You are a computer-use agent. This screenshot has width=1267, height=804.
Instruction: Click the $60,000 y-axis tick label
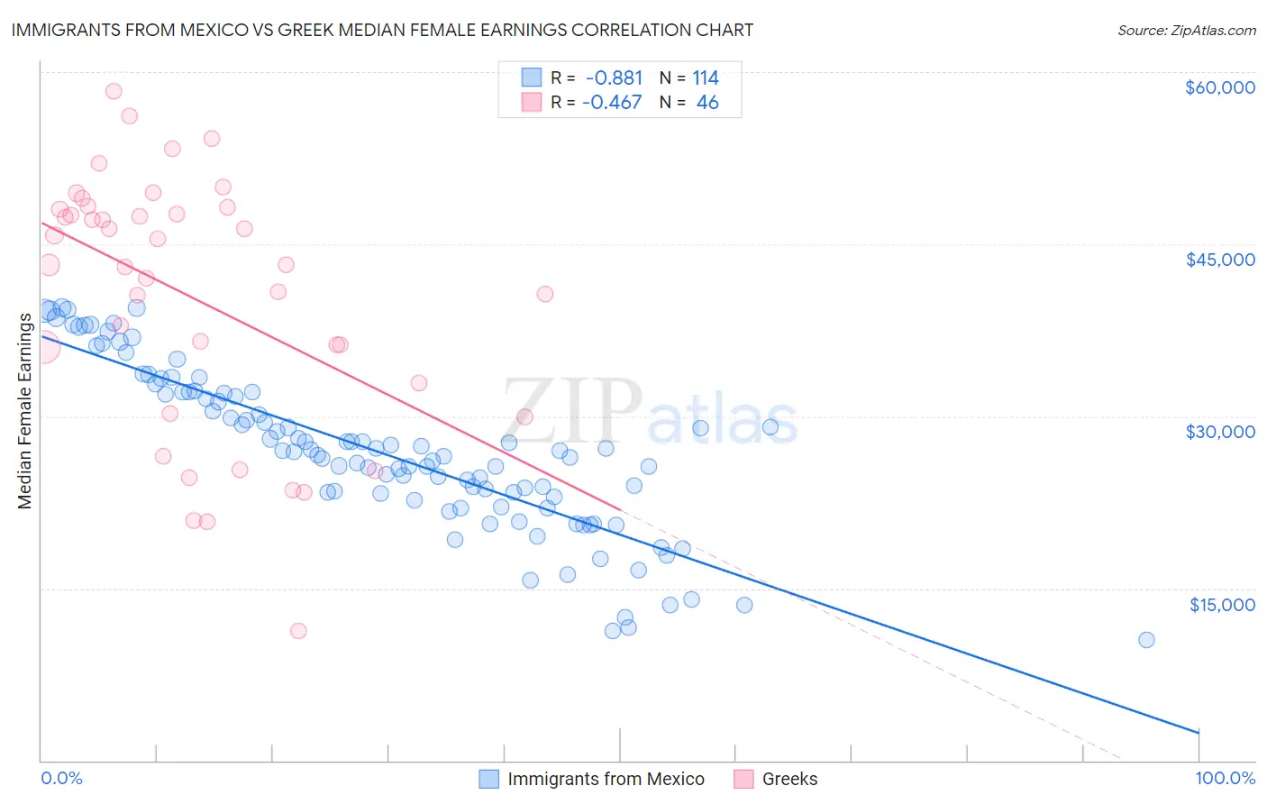(x=1219, y=87)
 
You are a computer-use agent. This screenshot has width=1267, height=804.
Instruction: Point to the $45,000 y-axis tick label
(x=1219, y=260)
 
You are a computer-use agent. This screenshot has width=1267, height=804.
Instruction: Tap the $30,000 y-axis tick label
(x=1219, y=432)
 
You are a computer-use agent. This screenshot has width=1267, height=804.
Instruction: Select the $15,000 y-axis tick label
(x=1221, y=604)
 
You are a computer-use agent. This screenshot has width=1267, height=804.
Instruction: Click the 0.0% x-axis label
(x=61, y=778)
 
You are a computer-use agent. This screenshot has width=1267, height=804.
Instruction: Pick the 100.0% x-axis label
(x=1225, y=778)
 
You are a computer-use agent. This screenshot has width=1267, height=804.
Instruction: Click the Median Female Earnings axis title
(x=25, y=410)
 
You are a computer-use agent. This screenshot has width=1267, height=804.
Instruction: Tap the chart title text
(x=382, y=30)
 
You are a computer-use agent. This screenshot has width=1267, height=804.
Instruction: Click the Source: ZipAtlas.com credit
(x=1186, y=31)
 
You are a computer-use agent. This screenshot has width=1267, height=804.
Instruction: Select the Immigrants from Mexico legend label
(x=606, y=779)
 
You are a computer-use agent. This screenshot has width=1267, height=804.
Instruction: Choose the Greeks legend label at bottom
(x=789, y=779)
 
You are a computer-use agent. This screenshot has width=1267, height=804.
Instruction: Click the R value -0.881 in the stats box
(x=614, y=78)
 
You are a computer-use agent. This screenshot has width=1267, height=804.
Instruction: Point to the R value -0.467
(x=612, y=102)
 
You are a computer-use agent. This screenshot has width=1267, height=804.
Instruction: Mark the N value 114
(x=706, y=78)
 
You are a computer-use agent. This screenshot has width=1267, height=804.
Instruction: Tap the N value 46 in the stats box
(x=707, y=102)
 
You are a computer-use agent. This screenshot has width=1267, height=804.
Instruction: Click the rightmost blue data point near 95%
(x=1146, y=640)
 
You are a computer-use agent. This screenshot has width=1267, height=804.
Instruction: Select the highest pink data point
(x=114, y=91)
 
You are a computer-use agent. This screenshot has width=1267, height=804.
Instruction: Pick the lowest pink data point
(x=298, y=631)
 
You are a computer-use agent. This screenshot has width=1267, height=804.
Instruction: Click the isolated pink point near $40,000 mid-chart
(x=544, y=294)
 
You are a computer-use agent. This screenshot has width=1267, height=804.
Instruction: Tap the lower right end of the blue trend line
(x=1198, y=732)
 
